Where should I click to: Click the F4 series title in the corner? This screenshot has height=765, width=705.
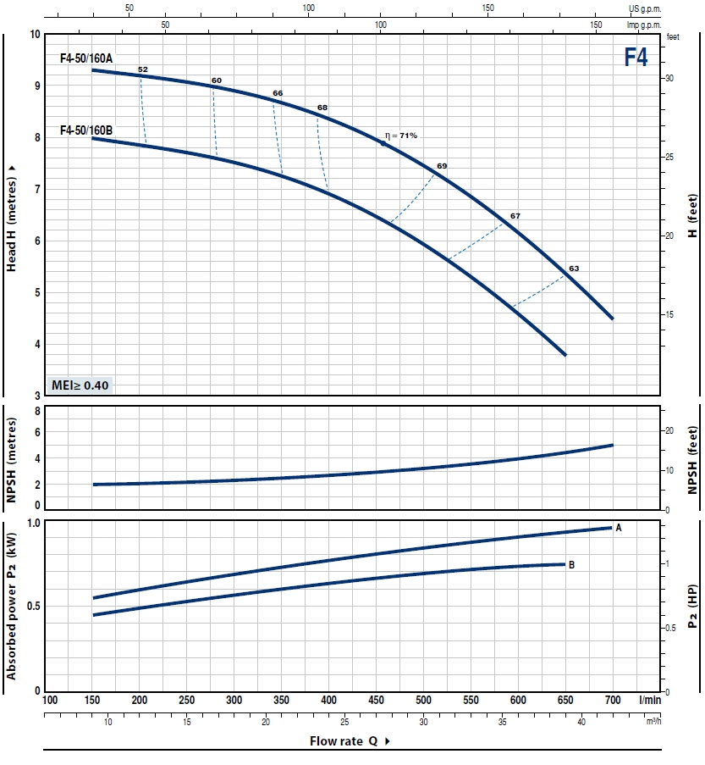coord(636,57)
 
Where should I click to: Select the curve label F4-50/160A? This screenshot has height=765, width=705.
coord(86,58)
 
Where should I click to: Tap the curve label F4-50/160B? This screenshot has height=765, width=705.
coord(86,130)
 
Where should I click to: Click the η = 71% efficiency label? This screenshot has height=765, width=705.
coord(401,136)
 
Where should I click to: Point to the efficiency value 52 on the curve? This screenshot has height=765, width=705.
coord(142,69)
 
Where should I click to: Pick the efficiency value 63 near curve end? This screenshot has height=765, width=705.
coord(574,269)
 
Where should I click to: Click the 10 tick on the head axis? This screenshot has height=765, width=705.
coord(35,35)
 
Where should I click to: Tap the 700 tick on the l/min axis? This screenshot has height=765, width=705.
coord(612,700)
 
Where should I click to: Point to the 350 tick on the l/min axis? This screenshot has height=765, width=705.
coord(281,700)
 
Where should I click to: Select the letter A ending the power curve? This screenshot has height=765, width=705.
coord(619,528)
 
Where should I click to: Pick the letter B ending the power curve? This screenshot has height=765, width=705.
coord(572,564)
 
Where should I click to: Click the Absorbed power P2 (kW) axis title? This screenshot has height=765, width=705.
coord(12,607)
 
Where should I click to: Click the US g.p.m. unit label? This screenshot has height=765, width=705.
coord(643,8)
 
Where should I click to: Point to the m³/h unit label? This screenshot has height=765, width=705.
coord(653,722)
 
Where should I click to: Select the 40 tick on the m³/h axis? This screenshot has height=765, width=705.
coord(581,722)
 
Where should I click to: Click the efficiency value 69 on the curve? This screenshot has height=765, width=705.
coord(442,165)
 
